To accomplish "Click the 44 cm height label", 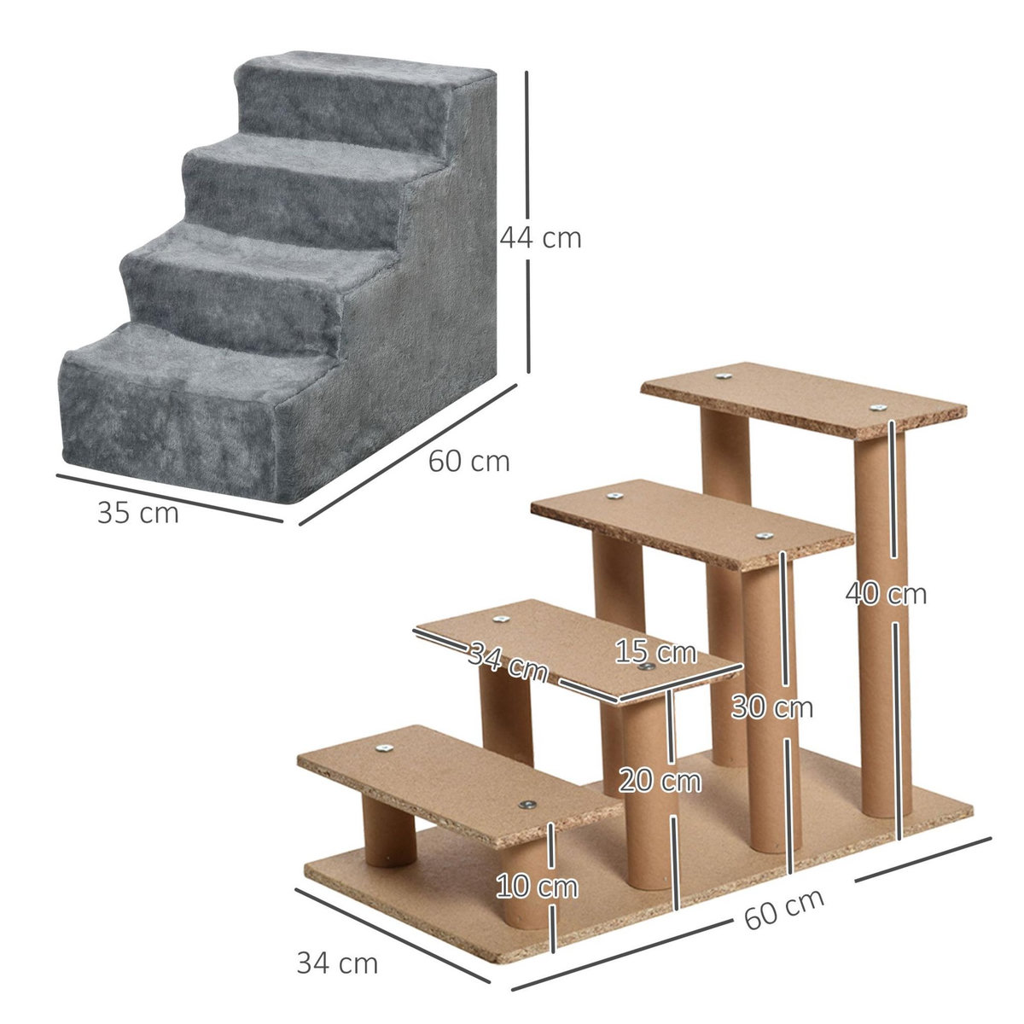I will click(540, 238).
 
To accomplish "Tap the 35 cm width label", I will click(138, 514).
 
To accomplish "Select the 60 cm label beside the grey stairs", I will click(468, 461).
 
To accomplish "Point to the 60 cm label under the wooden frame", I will click(784, 910).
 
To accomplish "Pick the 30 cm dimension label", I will click(772, 707).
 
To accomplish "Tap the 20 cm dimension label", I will click(660, 781).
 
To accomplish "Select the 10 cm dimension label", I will click(537, 887).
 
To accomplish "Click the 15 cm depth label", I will click(655, 653).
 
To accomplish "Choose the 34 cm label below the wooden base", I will click(337, 963).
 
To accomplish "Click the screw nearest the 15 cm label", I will click(646, 668).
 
